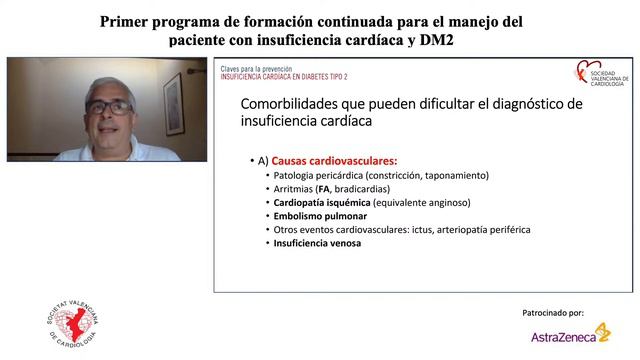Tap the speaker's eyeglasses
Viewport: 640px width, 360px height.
[x=109, y=106]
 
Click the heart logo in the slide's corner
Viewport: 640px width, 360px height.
[x=583, y=72]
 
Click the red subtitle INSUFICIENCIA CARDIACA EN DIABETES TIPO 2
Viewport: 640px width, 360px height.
[x=285, y=76]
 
